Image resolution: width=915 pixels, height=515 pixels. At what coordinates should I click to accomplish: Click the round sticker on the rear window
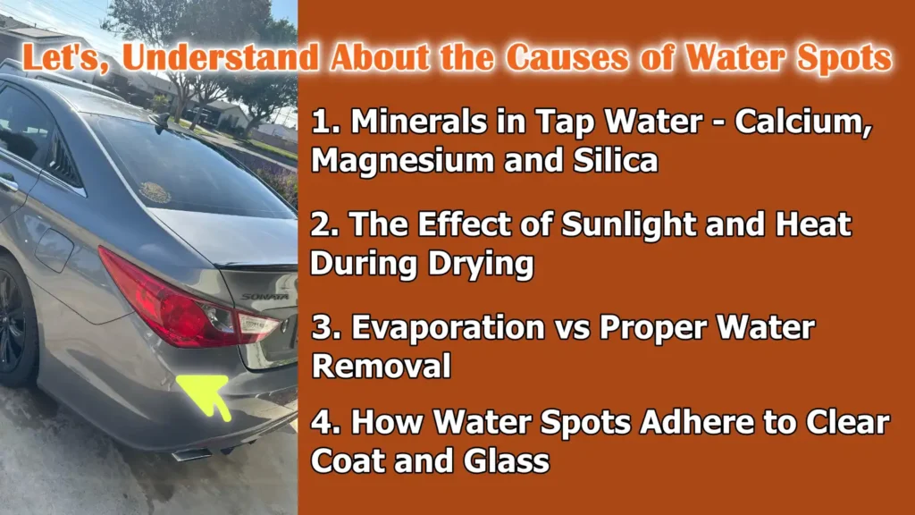(155, 192)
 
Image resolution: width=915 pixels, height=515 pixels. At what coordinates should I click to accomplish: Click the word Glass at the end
(507, 463)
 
